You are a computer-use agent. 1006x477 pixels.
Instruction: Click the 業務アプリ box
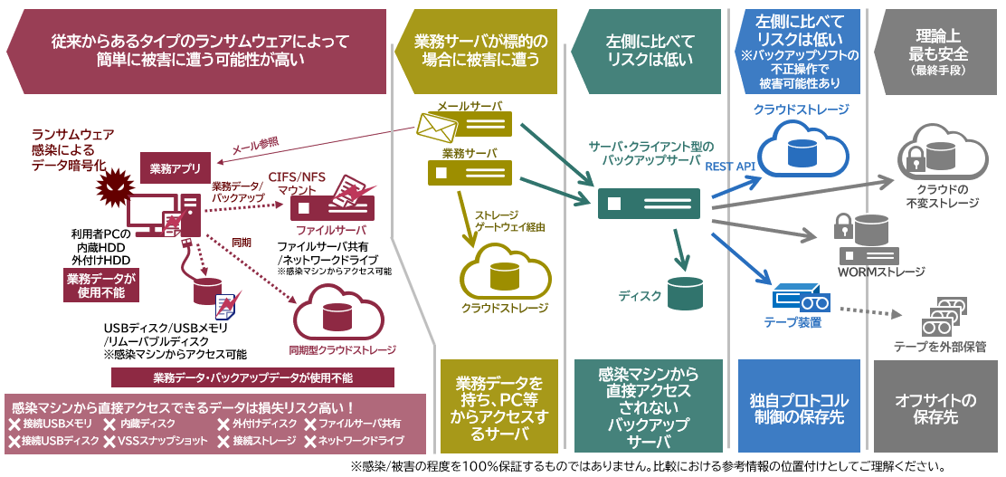tap(176, 167)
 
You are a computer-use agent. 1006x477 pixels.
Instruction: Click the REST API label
tap(730, 167)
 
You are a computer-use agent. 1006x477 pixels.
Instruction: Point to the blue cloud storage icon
tap(801, 147)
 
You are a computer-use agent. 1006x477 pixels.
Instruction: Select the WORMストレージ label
tap(881, 272)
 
